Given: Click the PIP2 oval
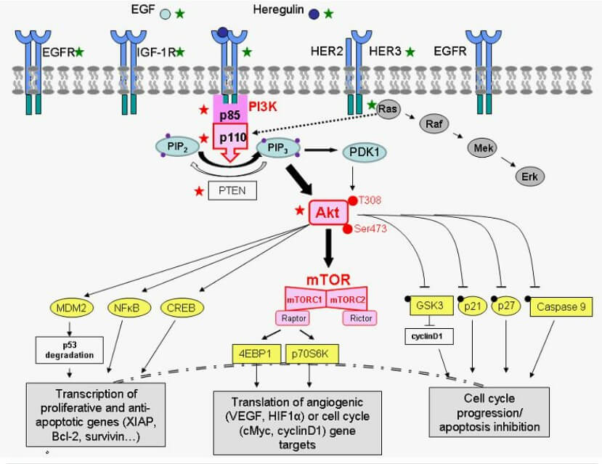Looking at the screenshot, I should (172, 147).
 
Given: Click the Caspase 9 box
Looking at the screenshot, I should (562, 307).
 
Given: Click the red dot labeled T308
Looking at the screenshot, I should (353, 200).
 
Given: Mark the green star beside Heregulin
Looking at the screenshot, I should (329, 13).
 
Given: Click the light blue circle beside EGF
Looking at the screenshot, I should (166, 13).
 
